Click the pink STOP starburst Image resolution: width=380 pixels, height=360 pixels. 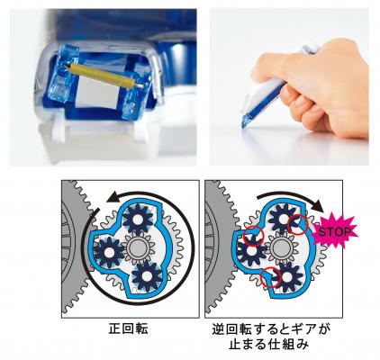335,231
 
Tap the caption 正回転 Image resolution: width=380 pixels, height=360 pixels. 128,329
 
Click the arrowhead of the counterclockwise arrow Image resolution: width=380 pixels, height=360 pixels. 113,197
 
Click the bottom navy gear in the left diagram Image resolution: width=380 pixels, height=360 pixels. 147,275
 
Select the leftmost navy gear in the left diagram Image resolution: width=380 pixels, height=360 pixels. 109,252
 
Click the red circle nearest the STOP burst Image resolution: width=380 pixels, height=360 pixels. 297,224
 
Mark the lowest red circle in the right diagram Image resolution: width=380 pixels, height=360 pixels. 270,277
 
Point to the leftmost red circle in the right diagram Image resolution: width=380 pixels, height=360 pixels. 254,236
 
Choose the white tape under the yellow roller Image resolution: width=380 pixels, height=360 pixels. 96,92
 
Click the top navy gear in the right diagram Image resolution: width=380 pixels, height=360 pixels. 283,219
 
